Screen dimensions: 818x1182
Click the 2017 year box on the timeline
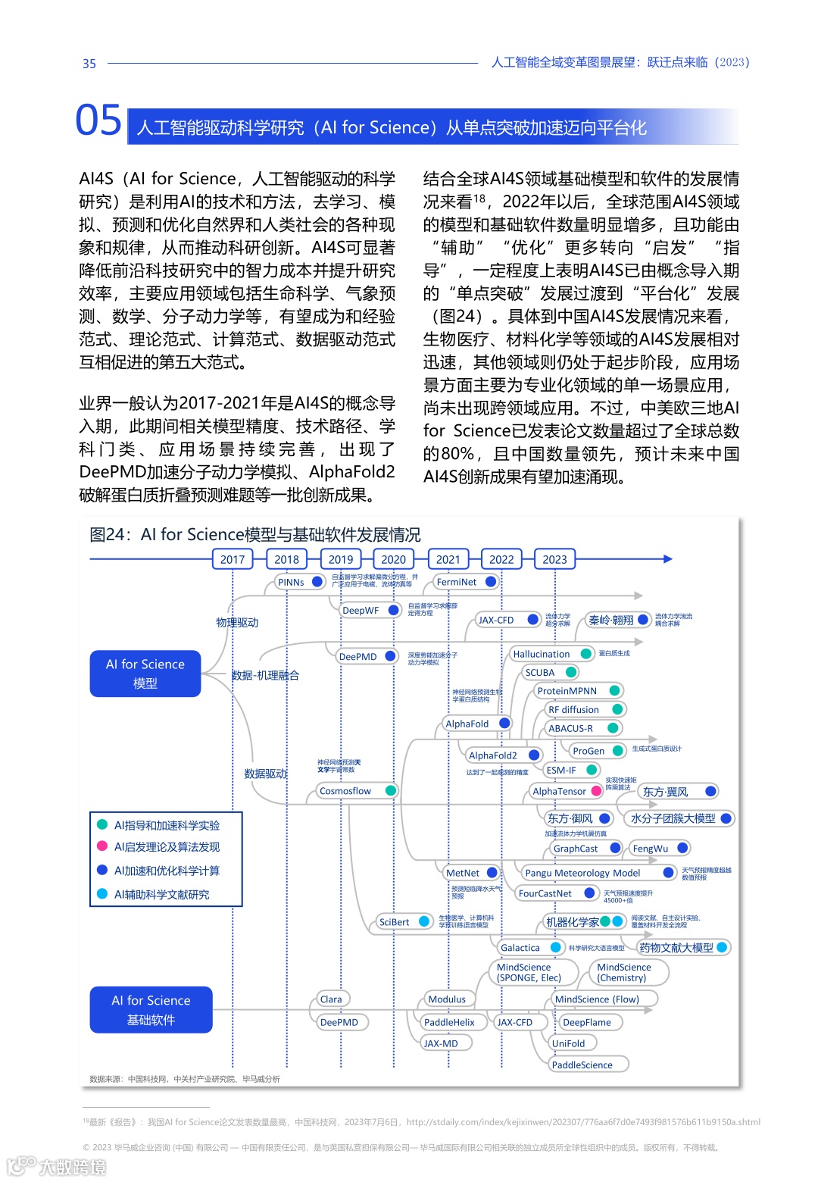coord(233,559)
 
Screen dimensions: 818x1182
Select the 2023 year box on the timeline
coord(554,559)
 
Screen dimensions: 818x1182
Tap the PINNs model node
coord(291,582)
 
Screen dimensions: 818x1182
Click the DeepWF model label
coord(361,610)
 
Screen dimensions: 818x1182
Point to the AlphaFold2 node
coord(493,755)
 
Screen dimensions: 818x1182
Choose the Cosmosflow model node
coord(345,791)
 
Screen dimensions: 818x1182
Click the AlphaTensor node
coord(560,791)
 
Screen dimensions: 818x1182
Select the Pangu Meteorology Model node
coord(582,873)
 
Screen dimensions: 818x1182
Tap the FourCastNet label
coord(545,893)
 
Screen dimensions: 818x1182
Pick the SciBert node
coord(395,922)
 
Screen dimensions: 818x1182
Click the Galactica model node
coord(520,947)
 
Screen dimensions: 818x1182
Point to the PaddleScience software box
coord(582,1065)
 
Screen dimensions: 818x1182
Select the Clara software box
coord(331,999)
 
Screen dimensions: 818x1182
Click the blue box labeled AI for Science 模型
coord(145,674)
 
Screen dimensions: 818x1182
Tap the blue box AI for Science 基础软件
coord(151,1010)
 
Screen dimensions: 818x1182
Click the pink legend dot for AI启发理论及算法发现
coord(102,846)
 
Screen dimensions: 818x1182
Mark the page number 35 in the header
coord(89,64)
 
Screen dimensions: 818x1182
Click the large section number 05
coord(98,120)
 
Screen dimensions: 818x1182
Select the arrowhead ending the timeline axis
coord(668,559)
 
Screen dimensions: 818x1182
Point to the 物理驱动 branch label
coord(237,622)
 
